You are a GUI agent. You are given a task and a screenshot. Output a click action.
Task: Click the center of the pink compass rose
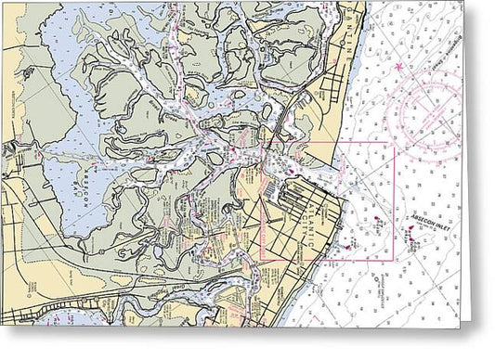coord(429,111)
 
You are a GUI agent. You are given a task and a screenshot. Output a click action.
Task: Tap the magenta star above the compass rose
coord(400,68)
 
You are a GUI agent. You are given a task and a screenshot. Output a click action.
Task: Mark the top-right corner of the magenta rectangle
coord(394,142)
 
